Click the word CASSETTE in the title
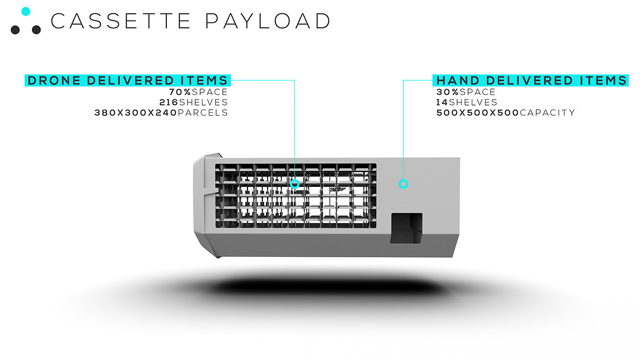(x=121, y=21)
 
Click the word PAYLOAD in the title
(x=267, y=21)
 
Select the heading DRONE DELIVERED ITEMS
(x=128, y=80)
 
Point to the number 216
(x=169, y=102)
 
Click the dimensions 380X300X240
(x=135, y=112)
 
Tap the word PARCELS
(x=203, y=112)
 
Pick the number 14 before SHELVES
(x=442, y=102)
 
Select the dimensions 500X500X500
(x=478, y=112)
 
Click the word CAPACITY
(x=547, y=112)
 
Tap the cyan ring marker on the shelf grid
(x=295, y=184)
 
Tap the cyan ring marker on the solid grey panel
(x=403, y=184)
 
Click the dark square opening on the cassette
(x=406, y=228)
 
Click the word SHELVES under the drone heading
(x=203, y=102)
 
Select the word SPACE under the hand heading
(x=478, y=92)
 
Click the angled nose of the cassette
(x=203, y=206)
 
